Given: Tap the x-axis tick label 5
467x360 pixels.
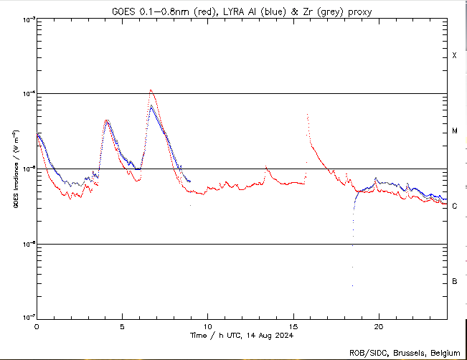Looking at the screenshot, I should pos(122,326).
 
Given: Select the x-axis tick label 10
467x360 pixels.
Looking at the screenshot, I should pos(207,326).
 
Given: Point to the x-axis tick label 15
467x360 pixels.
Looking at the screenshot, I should pos(293,326).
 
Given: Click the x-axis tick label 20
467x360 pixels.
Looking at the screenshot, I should pos(378,326).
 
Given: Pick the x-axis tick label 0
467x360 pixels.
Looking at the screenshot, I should pos(37,326).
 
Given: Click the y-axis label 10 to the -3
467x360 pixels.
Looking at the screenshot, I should pos(24,20).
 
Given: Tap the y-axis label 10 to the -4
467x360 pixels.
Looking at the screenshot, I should pos(24,94).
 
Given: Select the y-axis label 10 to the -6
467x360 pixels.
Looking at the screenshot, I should pos(24,244).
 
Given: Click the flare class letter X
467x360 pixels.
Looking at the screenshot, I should pos(454,56).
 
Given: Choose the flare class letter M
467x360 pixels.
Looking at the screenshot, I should pos(454,131).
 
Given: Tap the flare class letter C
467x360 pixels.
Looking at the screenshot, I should pos(454,207).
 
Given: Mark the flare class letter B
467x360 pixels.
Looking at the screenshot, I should pos(454,281).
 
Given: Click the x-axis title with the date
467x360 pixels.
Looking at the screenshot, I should pos(241,336).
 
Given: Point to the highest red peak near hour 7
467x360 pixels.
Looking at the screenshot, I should pos(151,90).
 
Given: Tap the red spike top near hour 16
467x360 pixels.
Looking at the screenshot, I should pos(307,115).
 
